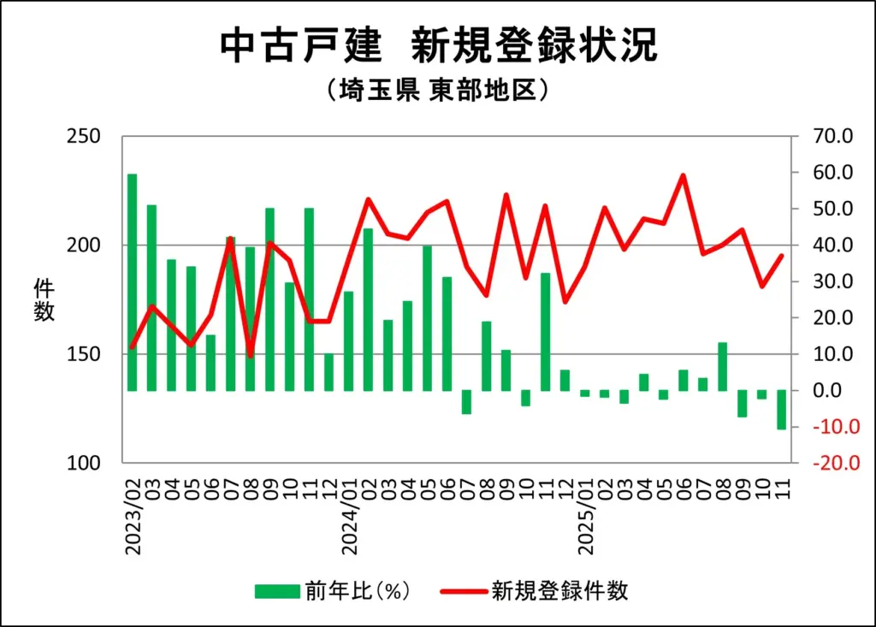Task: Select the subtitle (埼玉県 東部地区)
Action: click(437, 90)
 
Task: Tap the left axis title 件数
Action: click(44, 299)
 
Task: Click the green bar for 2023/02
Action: click(133, 282)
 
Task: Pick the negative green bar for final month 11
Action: click(781, 410)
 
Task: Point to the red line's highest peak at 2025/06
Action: click(683, 175)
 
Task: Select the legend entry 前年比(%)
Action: click(334, 591)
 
